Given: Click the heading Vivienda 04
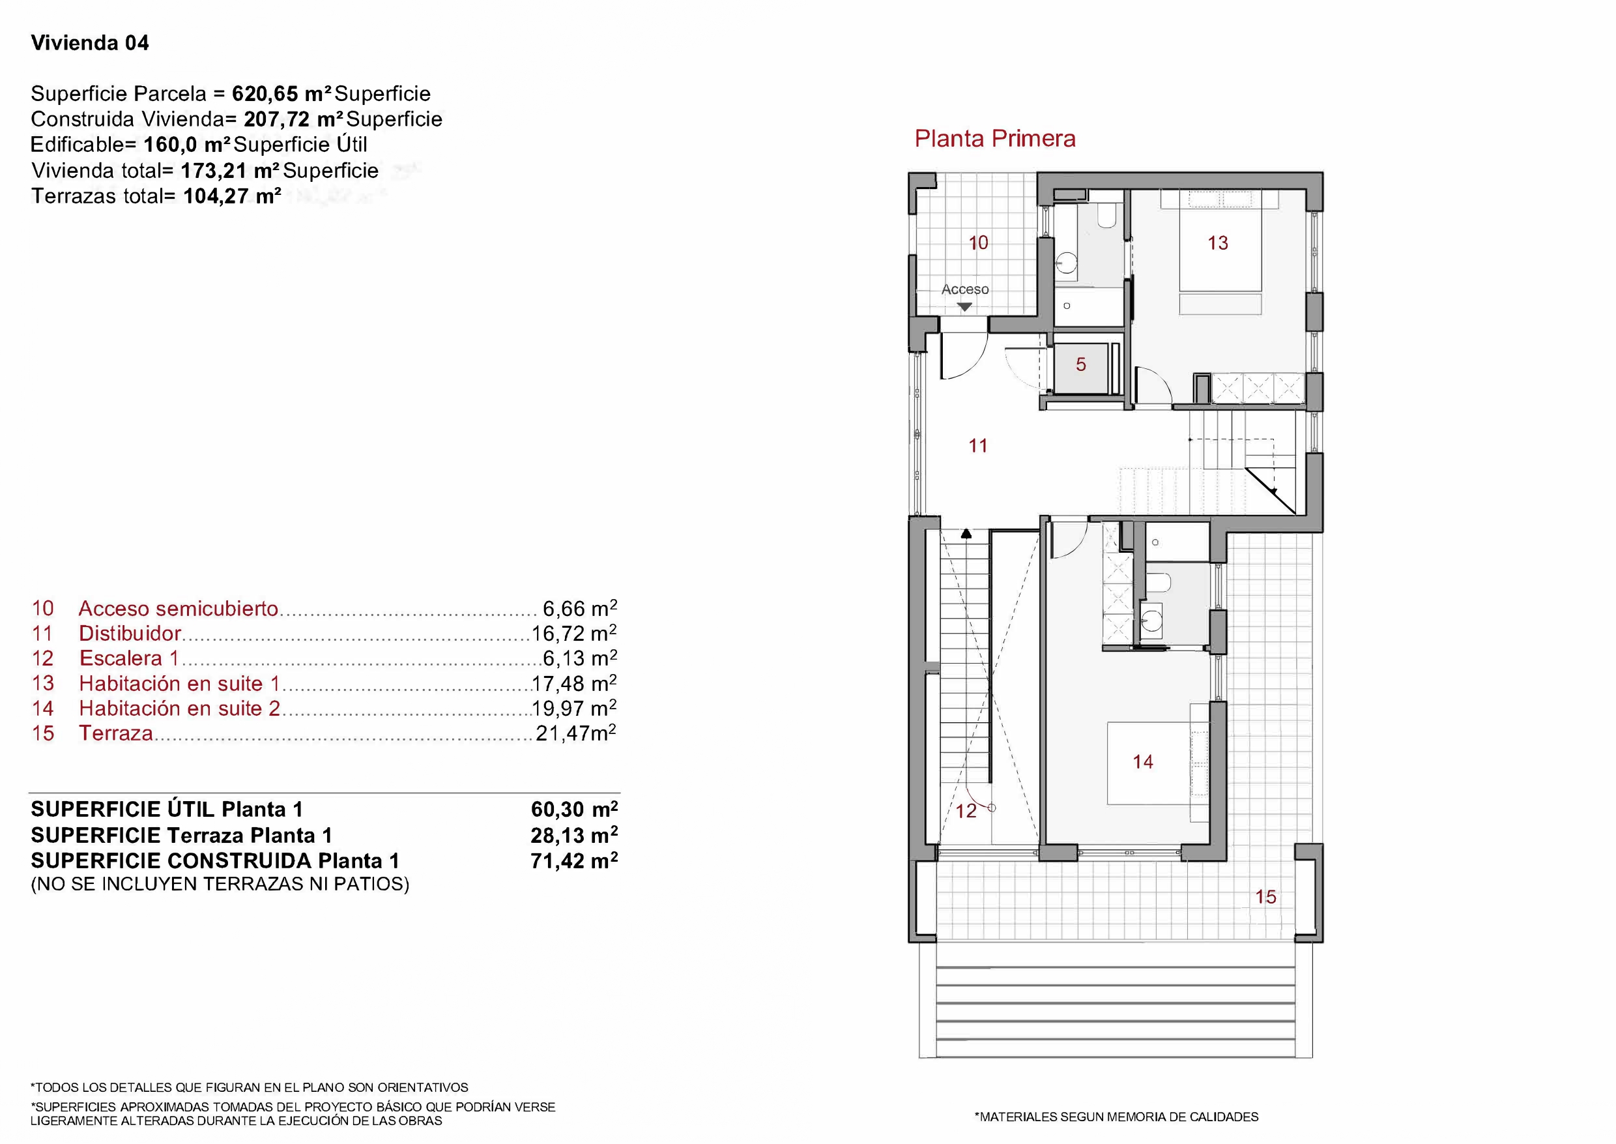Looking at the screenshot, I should [90, 43].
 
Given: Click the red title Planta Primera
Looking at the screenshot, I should [994, 139].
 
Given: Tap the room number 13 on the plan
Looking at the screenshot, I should [1217, 243].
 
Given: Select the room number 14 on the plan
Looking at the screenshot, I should [1142, 761].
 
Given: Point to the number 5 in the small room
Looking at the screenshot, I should [1081, 364].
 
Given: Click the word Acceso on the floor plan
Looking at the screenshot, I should [964, 289].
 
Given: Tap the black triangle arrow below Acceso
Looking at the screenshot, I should [964, 307].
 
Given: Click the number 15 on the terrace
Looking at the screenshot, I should [1265, 897].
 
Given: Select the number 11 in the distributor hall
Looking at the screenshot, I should [977, 445].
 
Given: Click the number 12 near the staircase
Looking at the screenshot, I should [966, 812].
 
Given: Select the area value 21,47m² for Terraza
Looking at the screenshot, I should [575, 733].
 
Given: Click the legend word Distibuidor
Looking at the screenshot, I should [130, 634].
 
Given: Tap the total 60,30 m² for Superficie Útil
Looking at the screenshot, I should [574, 810].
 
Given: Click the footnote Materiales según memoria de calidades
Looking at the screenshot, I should [1116, 1117].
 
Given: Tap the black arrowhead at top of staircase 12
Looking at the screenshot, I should [967, 534].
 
